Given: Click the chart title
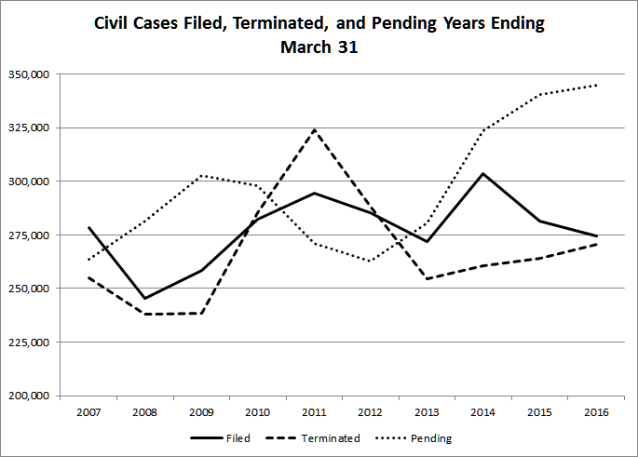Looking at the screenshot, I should [x=319, y=34].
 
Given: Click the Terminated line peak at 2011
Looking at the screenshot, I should [x=313, y=129].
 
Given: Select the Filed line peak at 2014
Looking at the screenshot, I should [x=482, y=173].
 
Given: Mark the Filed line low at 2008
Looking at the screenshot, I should [x=143, y=299].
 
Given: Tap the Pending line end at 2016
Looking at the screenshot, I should [x=596, y=85].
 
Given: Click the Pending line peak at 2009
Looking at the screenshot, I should [x=200, y=176].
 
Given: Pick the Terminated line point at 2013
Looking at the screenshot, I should [x=427, y=278].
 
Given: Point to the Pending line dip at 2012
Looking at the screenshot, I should [x=370, y=261].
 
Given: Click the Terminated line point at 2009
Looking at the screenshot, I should [x=200, y=313].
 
